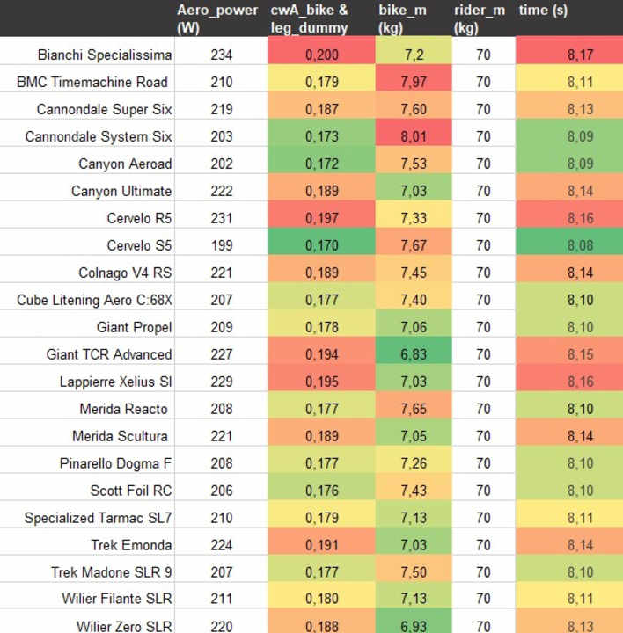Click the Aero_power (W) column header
tap(217, 18)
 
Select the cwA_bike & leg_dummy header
tap(309, 18)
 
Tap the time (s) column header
tap(544, 11)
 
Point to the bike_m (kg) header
tap(403, 18)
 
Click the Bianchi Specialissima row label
tap(105, 55)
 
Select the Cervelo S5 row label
tap(139, 245)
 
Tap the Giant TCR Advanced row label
tap(109, 354)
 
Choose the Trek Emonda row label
tap(131, 545)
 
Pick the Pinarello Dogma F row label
tap(116, 463)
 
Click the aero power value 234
tap(222, 55)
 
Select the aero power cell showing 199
tap(222, 245)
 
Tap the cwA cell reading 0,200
tap(321, 55)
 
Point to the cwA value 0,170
tap(321, 245)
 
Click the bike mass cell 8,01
tap(414, 136)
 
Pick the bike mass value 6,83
tap(414, 354)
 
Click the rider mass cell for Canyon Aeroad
tap(483, 164)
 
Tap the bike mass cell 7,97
tap(414, 82)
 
